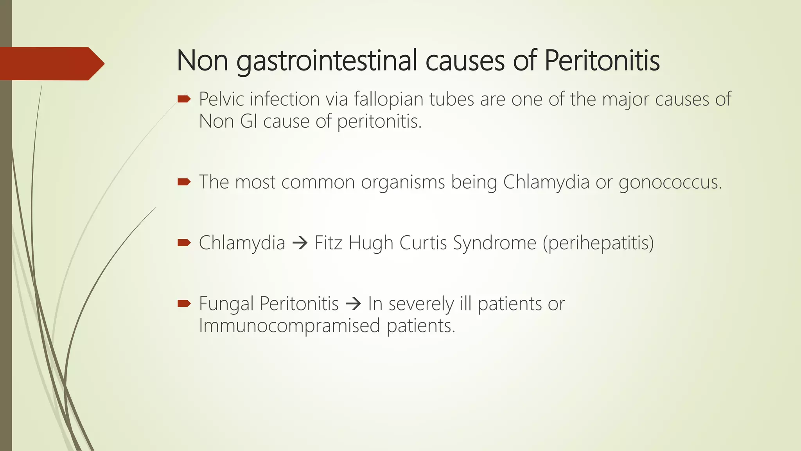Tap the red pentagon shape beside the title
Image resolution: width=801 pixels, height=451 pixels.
(x=51, y=63)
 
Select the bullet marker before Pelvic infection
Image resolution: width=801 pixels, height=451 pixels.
(x=184, y=99)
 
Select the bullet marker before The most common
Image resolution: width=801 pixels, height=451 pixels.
(x=184, y=182)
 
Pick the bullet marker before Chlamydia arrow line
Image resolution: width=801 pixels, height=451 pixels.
(x=184, y=243)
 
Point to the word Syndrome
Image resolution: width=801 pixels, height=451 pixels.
(x=494, y=243)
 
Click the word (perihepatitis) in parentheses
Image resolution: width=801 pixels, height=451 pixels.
(x=598, y=243)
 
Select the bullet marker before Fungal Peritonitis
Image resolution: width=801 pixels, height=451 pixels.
(x=184, y=303)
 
